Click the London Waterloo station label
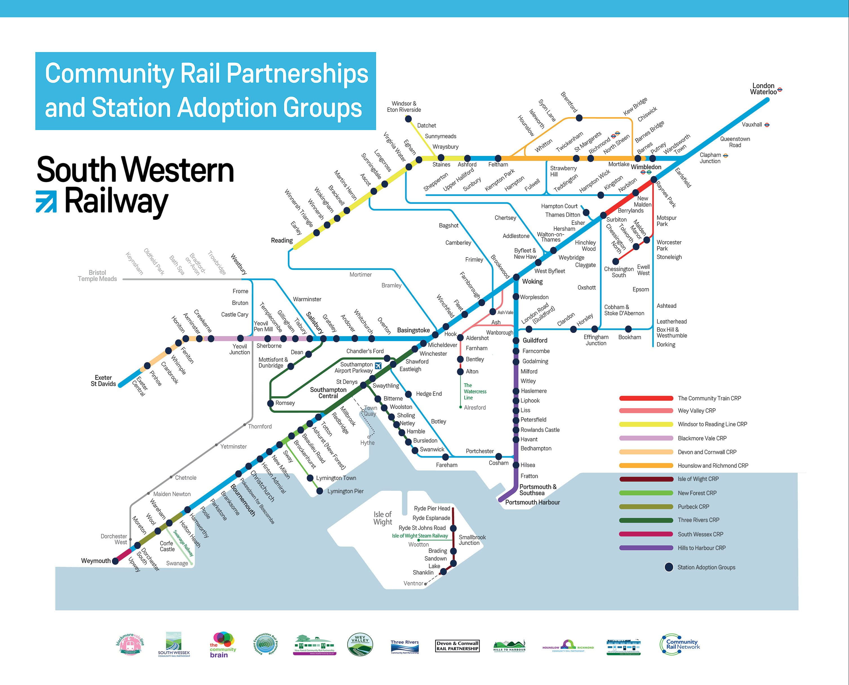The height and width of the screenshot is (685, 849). tap(763, 89)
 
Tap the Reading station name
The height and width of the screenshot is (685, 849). tap(282, 240)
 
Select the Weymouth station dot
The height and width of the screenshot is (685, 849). tap(115, 561)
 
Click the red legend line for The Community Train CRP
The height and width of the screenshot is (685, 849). tap(646, 398)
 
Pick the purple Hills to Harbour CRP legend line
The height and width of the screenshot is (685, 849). tap(646, 548)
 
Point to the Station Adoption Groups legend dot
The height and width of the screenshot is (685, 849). tap(668, 567)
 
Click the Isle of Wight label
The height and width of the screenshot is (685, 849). tap(383, 518)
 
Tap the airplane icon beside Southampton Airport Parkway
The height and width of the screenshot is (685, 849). tap(378, 365)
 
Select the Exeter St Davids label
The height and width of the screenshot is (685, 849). tap(103, 381)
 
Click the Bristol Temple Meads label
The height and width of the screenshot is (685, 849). tap(97, 276)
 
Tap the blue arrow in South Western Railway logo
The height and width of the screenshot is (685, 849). tap(46, 201)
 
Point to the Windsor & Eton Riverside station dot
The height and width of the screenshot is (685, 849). tap(408, 119)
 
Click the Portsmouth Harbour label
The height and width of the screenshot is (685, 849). tap(532, 502)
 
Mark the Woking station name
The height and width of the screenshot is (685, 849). tap(532, 281)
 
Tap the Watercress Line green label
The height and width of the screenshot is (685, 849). tap(475, 391)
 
